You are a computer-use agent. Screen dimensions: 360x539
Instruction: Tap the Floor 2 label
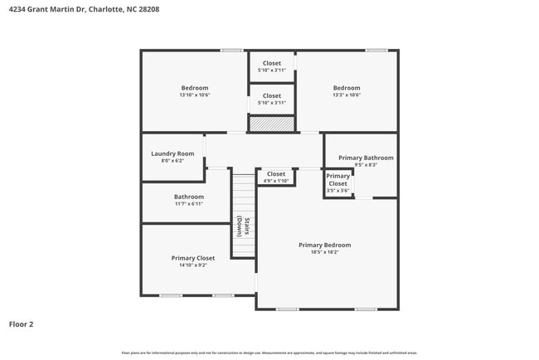coord(21,324)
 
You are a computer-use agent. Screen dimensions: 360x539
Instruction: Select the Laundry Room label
coord(172,153)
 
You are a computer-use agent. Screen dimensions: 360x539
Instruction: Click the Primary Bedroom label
coord(324,245)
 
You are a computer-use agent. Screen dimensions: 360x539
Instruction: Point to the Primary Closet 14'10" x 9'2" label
coord(192,258)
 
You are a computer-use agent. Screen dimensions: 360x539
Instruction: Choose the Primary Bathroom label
coord(366,158)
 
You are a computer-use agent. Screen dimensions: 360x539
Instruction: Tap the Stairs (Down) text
coord(242,226)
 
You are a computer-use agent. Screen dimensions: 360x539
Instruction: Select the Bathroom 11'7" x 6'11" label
coord(188,197)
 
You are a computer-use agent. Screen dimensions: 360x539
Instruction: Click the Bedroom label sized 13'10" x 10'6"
coord(195,88)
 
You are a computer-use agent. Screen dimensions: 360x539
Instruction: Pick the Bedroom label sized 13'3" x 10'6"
coord(347,88)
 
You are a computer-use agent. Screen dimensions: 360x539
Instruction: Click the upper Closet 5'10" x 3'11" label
coord(272,63)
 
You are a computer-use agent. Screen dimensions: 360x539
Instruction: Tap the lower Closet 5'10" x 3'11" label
coord(272,95)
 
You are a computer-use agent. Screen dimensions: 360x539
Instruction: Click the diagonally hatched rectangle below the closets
coord(272,124)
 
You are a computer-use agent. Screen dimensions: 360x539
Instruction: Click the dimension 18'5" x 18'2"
coord(324,252)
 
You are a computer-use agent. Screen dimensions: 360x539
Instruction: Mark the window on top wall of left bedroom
coord(231,51)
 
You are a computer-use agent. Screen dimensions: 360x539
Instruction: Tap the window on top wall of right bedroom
coord(376,51)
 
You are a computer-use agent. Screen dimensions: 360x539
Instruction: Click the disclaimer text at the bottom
coord(269,353)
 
